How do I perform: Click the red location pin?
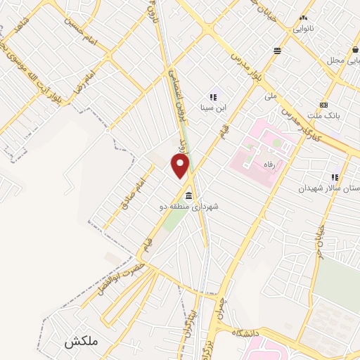click(x=181, y=166)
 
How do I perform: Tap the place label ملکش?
click(x=79, y=342)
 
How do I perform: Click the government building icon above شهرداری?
click(x=188, y=195)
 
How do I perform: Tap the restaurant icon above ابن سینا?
click(x=213, y=97)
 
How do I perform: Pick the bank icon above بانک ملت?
click(x=324, y=103)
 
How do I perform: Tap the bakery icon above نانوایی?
click(x=304, y=18)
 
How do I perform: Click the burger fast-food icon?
click(x=278, y=51)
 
